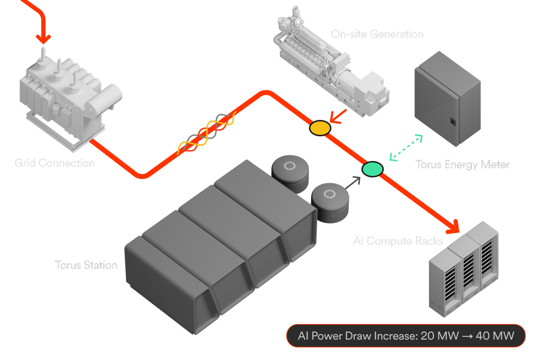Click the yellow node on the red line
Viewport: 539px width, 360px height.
(320, 128)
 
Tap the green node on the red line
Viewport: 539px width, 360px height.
(372, 169)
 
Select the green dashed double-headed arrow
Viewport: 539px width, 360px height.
(406, 147)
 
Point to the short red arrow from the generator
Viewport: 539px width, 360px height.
(338, 116)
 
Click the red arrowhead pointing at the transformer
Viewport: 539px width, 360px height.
(43, 39)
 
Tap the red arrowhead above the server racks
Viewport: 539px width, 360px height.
(453, 227)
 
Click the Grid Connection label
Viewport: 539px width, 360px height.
(54, 163)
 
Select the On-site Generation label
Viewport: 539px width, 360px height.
(377, 34)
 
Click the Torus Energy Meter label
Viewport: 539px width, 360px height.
(463, 164)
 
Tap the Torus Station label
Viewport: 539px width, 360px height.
(86, 265)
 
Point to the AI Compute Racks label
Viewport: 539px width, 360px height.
(398, 241)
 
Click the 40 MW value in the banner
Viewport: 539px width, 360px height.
(495, 336)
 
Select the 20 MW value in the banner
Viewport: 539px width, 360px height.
(440, 336)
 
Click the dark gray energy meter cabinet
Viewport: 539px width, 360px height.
(447, 99)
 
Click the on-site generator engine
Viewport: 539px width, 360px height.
(331, 62)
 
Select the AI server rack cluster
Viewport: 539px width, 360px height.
(464, 269)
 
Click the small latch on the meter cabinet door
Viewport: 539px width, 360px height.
(453, 121)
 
